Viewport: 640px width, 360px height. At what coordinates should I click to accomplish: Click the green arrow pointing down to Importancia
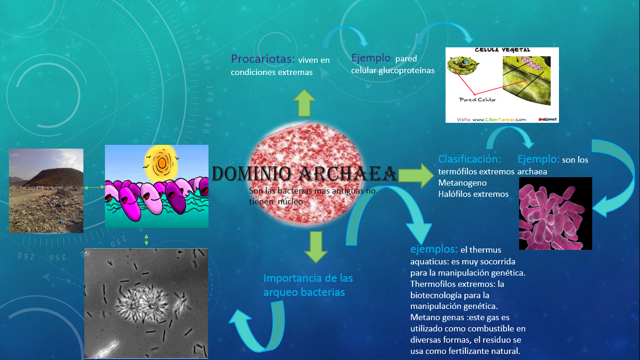click(x=315, y=247)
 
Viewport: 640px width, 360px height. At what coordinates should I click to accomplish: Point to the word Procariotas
click(x=263, y=60)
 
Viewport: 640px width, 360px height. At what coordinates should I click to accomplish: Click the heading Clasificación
click(x=469, y=159)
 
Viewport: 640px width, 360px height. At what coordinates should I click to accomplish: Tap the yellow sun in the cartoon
click(x=162, y=162)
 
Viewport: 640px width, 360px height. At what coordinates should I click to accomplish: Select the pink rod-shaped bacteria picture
click(x=555, y=213)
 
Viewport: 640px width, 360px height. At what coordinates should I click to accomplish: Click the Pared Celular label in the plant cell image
click(x=477, y=99)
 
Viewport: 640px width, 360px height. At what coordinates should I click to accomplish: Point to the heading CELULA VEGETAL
click(x=502, y=50)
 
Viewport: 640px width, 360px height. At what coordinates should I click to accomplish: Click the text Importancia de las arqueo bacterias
click(x=307, y=285)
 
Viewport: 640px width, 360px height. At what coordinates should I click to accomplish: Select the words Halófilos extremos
click(x=473, y=194)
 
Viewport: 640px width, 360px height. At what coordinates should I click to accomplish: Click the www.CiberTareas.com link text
click(x=499, y=120)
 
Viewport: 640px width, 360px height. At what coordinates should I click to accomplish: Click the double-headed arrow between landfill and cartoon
click(x=94, y=187)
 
